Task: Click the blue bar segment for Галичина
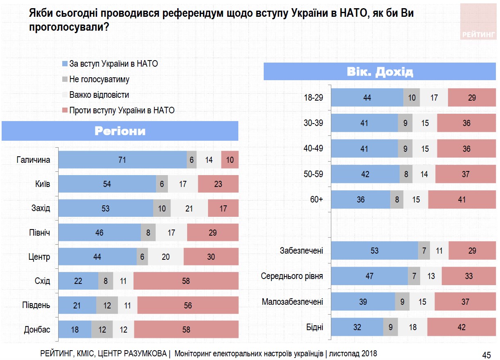122,160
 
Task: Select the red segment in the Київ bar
218,184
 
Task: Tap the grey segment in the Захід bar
162,209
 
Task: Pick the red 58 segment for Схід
186,281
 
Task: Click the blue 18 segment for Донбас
75,329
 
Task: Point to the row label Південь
36,305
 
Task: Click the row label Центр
40,257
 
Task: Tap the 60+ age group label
317,199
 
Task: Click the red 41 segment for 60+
462,200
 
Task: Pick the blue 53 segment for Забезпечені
374,251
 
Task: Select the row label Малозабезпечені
292,302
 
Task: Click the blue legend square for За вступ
64,64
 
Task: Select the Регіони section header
120,131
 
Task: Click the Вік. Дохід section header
380,72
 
